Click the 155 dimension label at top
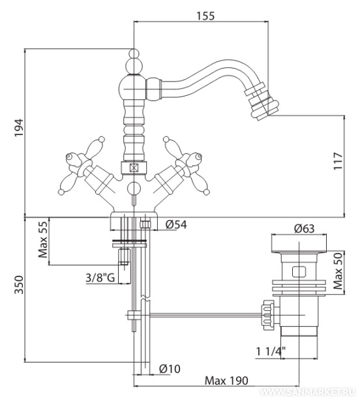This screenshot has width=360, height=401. coord(205,16)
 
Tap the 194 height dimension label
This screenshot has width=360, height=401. coord(19,128)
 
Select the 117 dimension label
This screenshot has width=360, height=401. coord(338,161)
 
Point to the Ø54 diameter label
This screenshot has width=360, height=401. coord(176,224)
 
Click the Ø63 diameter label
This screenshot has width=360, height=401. coord(304,228)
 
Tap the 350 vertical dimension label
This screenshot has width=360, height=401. coord(19,285)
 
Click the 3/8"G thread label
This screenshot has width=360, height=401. coord(100,278)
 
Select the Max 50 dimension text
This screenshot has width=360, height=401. coord(338,271)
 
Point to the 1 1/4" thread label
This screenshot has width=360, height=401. coord(271,352)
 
